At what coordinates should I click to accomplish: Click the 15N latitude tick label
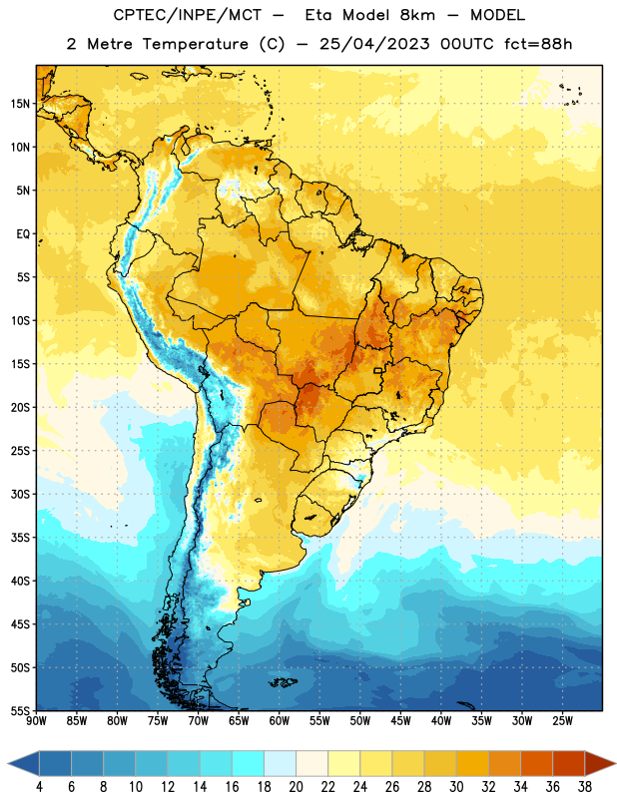pyautogui.click(x=20, y=104)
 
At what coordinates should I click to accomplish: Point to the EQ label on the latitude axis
pyautogui.click(x=23, y=234)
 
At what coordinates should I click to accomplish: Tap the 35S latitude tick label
pyautogui.click(x=20, y=538)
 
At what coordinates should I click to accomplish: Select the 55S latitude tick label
pyautogui.click(x=20, y=710)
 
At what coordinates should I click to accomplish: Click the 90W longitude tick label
pyautogui.click(x=36, y=721)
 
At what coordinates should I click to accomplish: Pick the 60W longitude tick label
pyautogui.click(x=280, y=721)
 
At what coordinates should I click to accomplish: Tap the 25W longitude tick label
pyautogui.click(x=562, y=721)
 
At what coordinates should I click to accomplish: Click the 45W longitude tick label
pyautogui.click(x=400, y=721)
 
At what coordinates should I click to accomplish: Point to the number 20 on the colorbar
pyautogui.click(x=296, y=787)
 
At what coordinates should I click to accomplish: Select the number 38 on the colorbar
pyautogui.click(x=584, y=787)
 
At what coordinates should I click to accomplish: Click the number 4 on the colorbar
pyautogui.click(x=39, y=787)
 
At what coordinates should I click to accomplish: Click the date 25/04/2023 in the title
pyautogui.click(x=374, y=44)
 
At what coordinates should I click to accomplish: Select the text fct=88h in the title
pyautogui.click(x=538, y=44)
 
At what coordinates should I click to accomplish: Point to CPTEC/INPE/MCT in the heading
pyautogui.click(x=187, y=15)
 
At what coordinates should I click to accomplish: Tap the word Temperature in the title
pyautogui.click(x=195, y=44)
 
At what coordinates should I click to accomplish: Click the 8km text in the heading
pyautogui.click(x=417, y=15)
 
